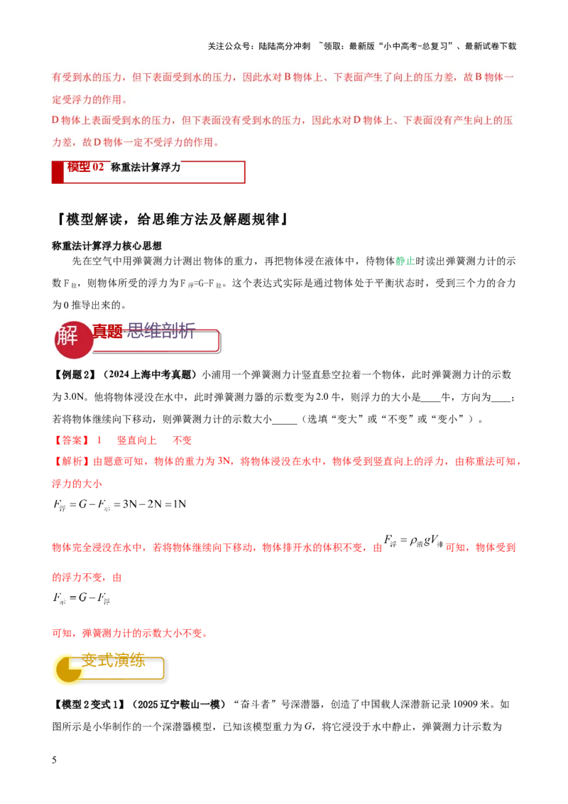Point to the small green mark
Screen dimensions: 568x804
pos(405,261)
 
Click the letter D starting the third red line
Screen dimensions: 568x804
pos(55,120)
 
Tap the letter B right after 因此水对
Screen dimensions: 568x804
pos(288,77)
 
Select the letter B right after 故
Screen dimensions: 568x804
pos(479,77)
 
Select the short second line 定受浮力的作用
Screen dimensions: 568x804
pos(89,99)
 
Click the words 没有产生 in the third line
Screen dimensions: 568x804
pos(446,120)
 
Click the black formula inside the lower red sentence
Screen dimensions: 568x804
pos(412,542)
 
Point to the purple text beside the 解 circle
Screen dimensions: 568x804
pos(159,331)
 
